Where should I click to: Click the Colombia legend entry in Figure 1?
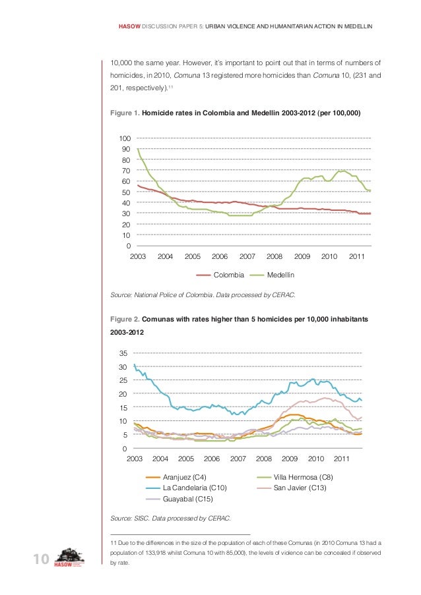tap(228, 274)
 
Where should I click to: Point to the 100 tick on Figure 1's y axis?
tap(123, 138)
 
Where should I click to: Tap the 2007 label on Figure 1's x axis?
tap(247, 256)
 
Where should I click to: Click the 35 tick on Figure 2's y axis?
tap(123, 354)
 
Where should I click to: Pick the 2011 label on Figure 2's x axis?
tap(342, 458)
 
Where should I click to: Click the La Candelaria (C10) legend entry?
tap(195, 488)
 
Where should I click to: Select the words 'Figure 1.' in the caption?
tap(124, 113)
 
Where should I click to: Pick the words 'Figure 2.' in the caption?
tap(124, 319)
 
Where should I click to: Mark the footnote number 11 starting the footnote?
tap(113, 542)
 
